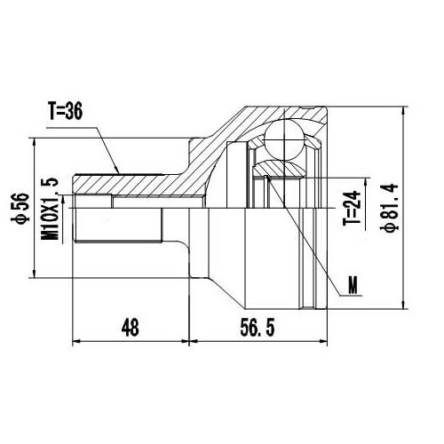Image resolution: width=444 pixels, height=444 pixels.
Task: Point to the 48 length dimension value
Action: point(130,327)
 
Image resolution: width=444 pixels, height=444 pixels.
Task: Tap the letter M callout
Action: point(354,286)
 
